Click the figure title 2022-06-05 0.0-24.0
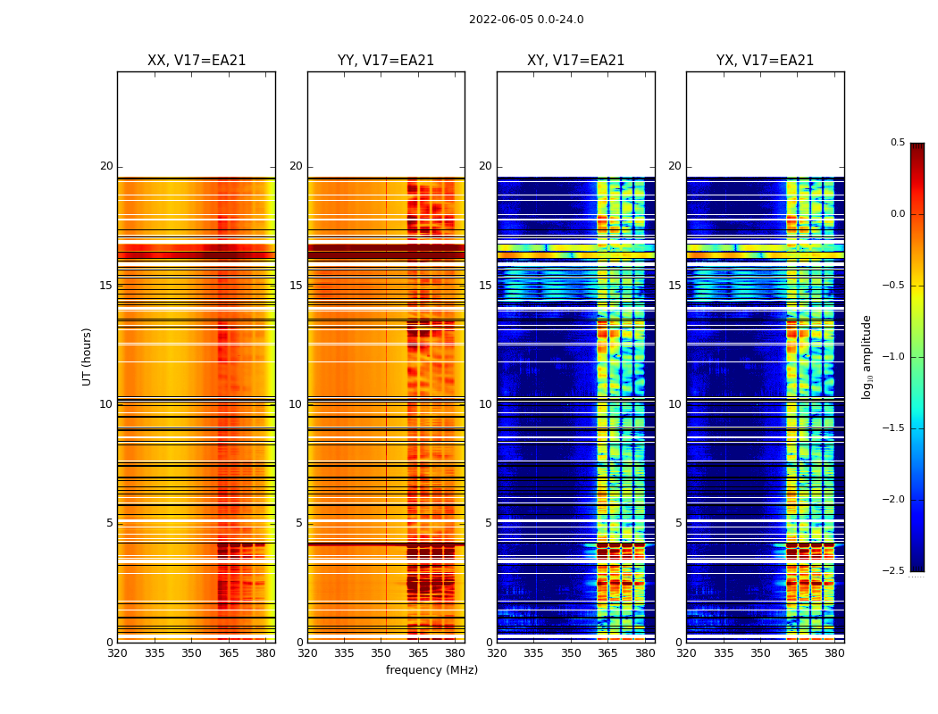click(x=526, y=20)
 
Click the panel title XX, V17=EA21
click(x=197, y=61)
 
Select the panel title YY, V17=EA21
click(x=386, y=61)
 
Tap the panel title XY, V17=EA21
click(x=575, y=61)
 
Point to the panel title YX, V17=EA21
click(x=765, y=61)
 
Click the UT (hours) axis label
click(x=87, y=356)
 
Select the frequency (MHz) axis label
click(x=431, y=670)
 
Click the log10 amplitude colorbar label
click(x=867, y=356)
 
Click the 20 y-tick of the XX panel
click(x=106, y=167)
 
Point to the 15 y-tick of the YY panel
click(x=296, y=286)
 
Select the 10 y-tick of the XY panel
click(x=485, y=404)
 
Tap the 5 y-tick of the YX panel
click(x=678, y=523)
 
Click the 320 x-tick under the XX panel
click(x=117, y=653)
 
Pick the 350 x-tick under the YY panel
click(x=381, y=653)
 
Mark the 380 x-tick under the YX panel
click(x=834, y=653)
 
